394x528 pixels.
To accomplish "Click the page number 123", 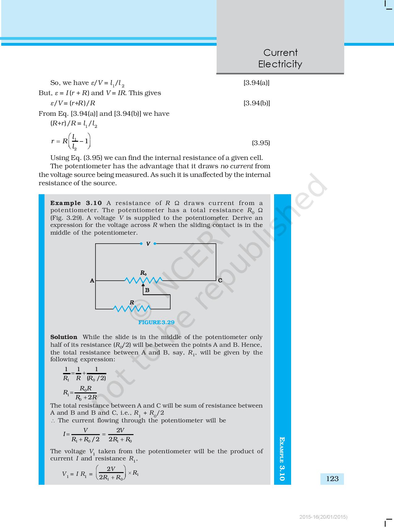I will pyautogui.click(x=332, y=479).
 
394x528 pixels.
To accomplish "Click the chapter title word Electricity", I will pyautogui.click(x=280, y=64).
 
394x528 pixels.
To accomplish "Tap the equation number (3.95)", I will pyautogui.click(x=261, y=143).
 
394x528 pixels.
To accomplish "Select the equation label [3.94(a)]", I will pyautogui.click(x=256, y=83).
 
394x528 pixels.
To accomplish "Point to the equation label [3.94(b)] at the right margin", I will pyautogui.click(x=256, y=103).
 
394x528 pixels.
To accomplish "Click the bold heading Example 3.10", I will pyautogui.click(x=76, y=203).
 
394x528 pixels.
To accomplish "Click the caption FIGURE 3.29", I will pyautogui.click(x=156, y=322).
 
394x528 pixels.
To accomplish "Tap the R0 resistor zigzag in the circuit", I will pyautogui.click(x=143, y=280).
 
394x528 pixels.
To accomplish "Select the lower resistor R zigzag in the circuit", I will pyautogui.click(x=132, y=308).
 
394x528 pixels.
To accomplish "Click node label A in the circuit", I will pyautogui.click(x=92, y=281).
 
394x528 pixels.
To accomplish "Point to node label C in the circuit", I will pyautogui.click(x=220, y=281).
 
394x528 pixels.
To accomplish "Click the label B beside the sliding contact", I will pyautogui.click(x=147, y=290).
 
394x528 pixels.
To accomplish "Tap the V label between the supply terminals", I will pyautogui.click(x=148, y=244).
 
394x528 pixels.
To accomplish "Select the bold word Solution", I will pyautogui.click(x=64, y=337).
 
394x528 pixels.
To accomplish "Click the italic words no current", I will pyautogui.click(x=237, y=166).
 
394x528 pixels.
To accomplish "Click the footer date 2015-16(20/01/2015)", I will pyautogui.click(x=324, y=517).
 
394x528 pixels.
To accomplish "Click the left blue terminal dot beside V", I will pyautogui.click(x=141, y=244).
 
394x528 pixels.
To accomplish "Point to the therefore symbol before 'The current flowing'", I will pyautogui.click(x=53, y=421).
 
